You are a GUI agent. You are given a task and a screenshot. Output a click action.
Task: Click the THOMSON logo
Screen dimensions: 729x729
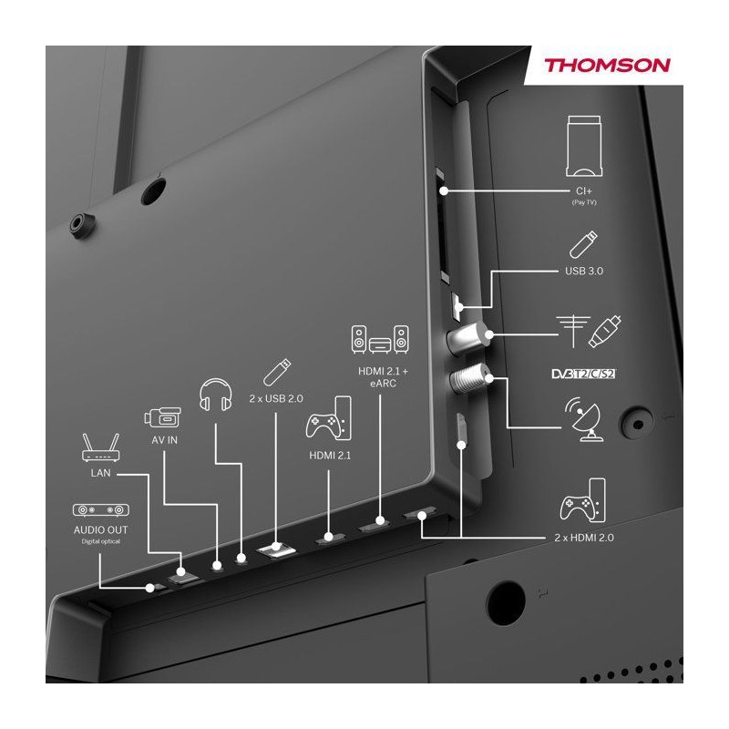pyautogui.click(x=607, y=65)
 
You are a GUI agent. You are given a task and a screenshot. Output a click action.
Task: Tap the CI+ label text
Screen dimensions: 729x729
pyautogui.click(x=584, y=191)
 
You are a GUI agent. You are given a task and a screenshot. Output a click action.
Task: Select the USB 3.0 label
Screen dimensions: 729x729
pyautogui.click(x=584, y=271)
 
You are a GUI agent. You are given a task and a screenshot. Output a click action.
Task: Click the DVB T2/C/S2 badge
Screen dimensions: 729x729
pyautogui.click(x=583, y=374)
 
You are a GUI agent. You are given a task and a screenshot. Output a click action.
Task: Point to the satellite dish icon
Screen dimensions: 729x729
pyautogui.click(x=584, y=419)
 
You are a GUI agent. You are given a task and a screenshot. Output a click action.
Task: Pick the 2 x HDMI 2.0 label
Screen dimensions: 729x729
pyautogui.click(x=584, y=538)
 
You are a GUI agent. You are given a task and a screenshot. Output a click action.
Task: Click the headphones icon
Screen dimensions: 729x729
pyautogui.click(x=215, y=395)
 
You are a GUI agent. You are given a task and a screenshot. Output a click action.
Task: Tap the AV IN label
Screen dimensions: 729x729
pyautogui.click(x=164, y=440)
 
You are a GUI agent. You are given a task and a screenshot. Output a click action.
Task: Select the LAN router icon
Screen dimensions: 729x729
pyautogui.click(x=101, y=447)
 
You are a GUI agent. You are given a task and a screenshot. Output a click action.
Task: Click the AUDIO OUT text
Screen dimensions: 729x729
pyautogui.click(x=101, y=530)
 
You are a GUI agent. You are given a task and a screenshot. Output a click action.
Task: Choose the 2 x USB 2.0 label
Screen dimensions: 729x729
pyautogui.click(x=276, y=398)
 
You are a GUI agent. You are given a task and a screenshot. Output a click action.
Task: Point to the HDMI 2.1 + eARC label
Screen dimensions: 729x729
pyautogui.click(x=383, y=377)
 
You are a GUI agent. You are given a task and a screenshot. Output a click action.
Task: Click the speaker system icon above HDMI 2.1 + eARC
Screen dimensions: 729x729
pyautogui.click(x=380, y=339)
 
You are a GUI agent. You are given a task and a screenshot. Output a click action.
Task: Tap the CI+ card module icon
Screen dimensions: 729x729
pyautogui.click(x=584, y=147)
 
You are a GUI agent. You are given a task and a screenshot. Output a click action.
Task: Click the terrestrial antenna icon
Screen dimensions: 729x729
pyautogui.click(x=573, y=332)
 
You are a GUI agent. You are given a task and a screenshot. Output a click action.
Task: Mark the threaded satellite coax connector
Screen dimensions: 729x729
pyautogui.click(x=469, y=378)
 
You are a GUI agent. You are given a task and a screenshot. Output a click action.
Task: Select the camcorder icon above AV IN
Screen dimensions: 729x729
pyautogui.click(x=163, y=417)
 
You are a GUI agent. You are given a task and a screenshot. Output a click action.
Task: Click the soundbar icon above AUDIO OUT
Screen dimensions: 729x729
pyautogui.click(x=101, y=510)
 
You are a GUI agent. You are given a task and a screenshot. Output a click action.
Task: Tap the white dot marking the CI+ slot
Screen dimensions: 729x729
pyautogui.click(x=444, y=190)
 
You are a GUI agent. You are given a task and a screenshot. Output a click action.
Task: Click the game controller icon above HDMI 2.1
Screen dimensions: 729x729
pyautogui.click(x=329, y=418)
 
